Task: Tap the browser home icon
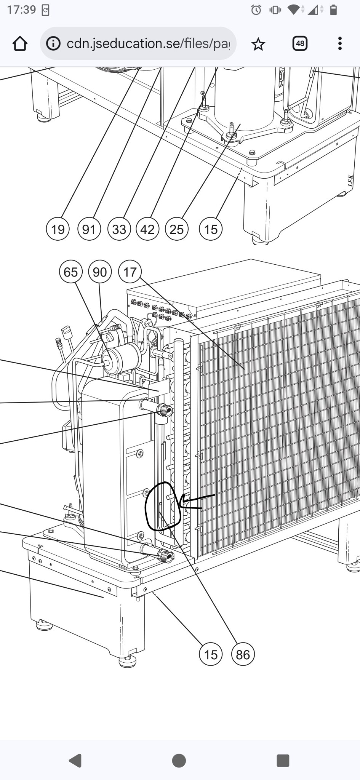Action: tap(20, 44)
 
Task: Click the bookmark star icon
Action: tap(258, 44)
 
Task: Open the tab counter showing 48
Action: tap(300, 43)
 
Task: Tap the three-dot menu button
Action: tap(340, 43)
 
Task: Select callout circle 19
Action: tap(58, 229)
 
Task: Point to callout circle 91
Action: tap(89, 229)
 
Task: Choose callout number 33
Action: tap(119, 229)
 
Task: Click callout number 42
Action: tap(147, 229)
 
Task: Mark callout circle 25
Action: tap(176, 229)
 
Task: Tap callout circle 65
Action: tap(71, 272)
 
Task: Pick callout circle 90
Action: tap(100, 272)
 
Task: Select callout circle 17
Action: tap(130, 272)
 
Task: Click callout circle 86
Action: tap(243, 654)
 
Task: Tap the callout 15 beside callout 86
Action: tap(211, 654)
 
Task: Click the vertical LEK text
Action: tap(350, 181)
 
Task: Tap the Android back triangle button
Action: tap(75, 761)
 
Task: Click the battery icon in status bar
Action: tap(333, 10)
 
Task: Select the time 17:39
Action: tap(21, 10)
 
